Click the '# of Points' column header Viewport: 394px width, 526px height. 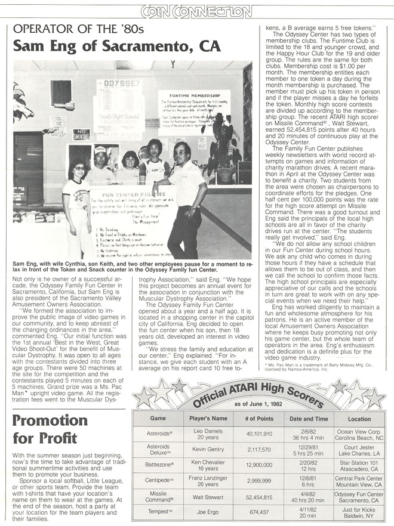tap(258, 419)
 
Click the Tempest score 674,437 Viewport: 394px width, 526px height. tap(258, 512)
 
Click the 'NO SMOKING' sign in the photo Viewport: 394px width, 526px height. tap(81, 134)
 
